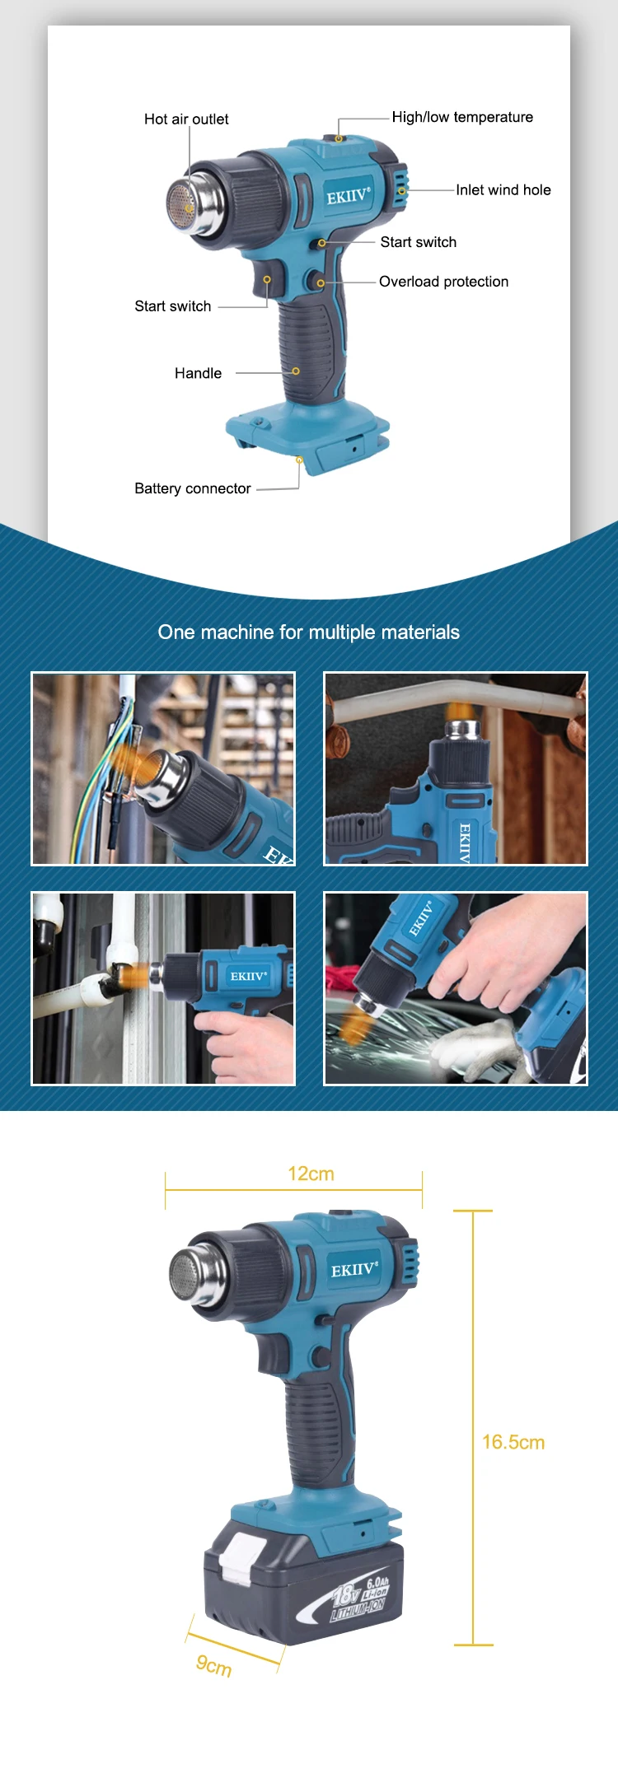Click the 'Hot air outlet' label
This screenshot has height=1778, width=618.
[186, 119]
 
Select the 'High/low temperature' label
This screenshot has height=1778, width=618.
[462, 117]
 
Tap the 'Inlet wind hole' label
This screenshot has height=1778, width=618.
[503, 190]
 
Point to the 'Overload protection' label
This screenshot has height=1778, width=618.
[443, 282]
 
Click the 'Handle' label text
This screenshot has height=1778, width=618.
[198, 373]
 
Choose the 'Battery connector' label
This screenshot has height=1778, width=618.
[193, 488]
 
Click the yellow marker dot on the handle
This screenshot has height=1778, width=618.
[296, 371]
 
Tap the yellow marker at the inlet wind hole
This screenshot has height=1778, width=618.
[403, 190]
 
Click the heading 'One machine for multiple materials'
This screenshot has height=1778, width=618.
[309, 632]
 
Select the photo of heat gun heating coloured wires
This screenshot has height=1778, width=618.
[163, 769]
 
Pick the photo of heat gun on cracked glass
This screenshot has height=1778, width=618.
[456, 988]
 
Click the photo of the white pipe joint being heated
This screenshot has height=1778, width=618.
[163, 988]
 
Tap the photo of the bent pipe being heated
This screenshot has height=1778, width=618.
[456, 769]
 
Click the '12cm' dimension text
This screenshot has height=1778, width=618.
[311, 1174]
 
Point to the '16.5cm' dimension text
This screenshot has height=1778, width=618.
[513, 1442]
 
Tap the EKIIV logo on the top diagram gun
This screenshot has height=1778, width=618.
[349, 197]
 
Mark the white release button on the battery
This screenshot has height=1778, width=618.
[239, 1558]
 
